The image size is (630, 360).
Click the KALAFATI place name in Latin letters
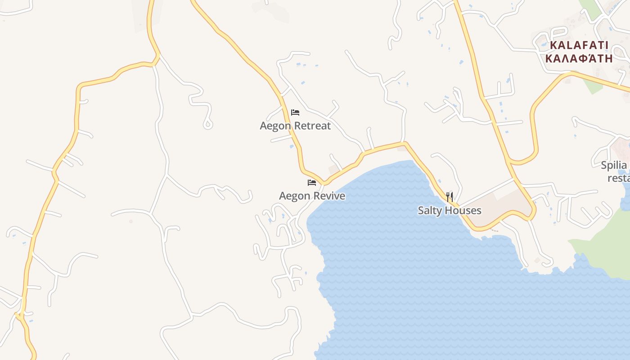579,45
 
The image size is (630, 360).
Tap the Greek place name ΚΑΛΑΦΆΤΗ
579,58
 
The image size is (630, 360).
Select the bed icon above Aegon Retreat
295,112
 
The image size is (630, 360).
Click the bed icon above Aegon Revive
312,183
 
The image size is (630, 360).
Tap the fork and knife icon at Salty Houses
450,197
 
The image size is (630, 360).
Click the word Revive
329,196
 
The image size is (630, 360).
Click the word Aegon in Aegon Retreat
275,126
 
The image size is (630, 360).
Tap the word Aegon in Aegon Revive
295,196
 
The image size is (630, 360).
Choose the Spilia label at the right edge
614,165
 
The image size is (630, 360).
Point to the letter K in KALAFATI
554,45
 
